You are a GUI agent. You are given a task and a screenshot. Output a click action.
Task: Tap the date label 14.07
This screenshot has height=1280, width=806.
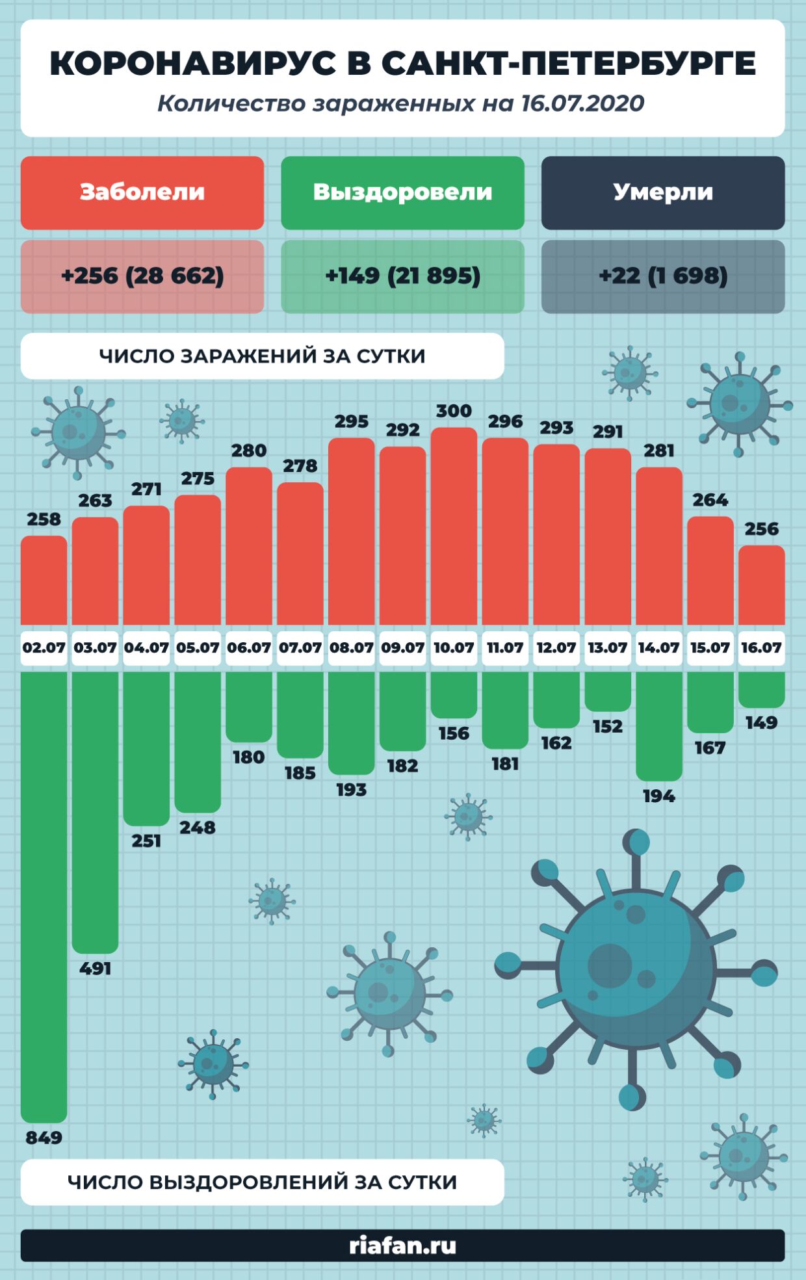[x=658, y=648]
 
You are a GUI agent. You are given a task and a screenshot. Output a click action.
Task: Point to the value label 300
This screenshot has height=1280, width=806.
[x=454, y=411]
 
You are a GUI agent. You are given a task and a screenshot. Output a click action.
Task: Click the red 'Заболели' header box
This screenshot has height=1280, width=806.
[x=142, y=192]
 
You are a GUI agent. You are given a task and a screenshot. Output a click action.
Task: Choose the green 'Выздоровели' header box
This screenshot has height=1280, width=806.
[x=402, y=192]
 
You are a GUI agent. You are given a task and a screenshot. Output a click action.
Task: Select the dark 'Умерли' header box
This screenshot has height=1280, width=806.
[x=663, y=192]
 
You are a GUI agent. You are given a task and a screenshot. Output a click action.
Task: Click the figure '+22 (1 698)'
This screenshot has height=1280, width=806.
[x=663, y=276]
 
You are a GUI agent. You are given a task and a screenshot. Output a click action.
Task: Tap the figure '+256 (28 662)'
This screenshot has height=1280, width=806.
[x=142, y=276]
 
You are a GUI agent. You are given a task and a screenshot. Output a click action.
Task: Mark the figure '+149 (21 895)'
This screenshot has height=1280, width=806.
[x=402, y=276]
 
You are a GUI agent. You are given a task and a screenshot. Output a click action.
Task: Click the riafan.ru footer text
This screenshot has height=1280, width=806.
[x=402, y=1246]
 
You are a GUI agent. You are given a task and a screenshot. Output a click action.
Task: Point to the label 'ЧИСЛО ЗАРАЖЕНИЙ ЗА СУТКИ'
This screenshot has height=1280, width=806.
[x=262, y=356]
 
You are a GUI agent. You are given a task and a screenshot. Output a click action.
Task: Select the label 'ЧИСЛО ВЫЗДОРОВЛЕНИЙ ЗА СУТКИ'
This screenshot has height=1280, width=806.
[x=262, y=1182]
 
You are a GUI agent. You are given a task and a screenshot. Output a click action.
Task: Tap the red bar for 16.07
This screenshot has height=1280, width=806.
[x=761, y=585]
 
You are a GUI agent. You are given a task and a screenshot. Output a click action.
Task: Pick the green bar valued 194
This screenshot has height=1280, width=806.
[x=658, y=725]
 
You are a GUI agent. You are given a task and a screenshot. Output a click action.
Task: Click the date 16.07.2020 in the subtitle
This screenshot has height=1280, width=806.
[x=582, y=103]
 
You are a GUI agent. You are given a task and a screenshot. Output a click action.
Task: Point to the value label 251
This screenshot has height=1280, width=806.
[x=146, y=841]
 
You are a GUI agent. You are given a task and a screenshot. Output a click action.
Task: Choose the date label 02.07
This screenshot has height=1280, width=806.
[x=44, y=648]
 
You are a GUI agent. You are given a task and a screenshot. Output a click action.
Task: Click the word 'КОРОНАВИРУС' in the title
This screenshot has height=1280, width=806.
[x=192, y=64]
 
